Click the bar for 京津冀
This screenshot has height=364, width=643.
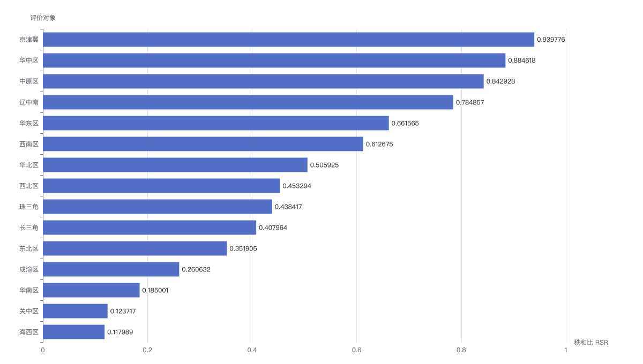point(288,40)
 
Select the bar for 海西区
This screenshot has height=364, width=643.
point(74,332)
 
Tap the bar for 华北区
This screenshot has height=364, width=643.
point(175,165)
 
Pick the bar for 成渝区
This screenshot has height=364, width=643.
point(111,269)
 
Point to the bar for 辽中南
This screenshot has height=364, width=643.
point(248,102)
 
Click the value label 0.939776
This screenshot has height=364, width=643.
point(551,40)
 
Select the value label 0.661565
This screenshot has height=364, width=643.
point(405,123)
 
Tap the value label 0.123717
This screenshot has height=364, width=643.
point(123,311)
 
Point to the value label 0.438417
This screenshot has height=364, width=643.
point(288,207)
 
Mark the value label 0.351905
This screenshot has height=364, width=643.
point(243,248)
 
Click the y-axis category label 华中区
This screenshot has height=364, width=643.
point(29,60)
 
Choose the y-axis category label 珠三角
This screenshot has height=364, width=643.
point(29,207)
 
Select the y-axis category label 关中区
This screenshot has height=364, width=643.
point(29,311)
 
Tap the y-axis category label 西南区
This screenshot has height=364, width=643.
point(29,144)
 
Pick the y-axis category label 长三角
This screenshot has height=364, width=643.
point(29,227)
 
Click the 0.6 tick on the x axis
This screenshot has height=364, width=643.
point(356,350)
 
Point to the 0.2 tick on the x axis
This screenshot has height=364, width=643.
point(147,350)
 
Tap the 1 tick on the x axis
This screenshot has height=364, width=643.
point(566,350)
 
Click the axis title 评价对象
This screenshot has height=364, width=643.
point(43,18)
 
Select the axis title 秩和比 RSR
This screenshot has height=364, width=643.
point(590,343)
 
